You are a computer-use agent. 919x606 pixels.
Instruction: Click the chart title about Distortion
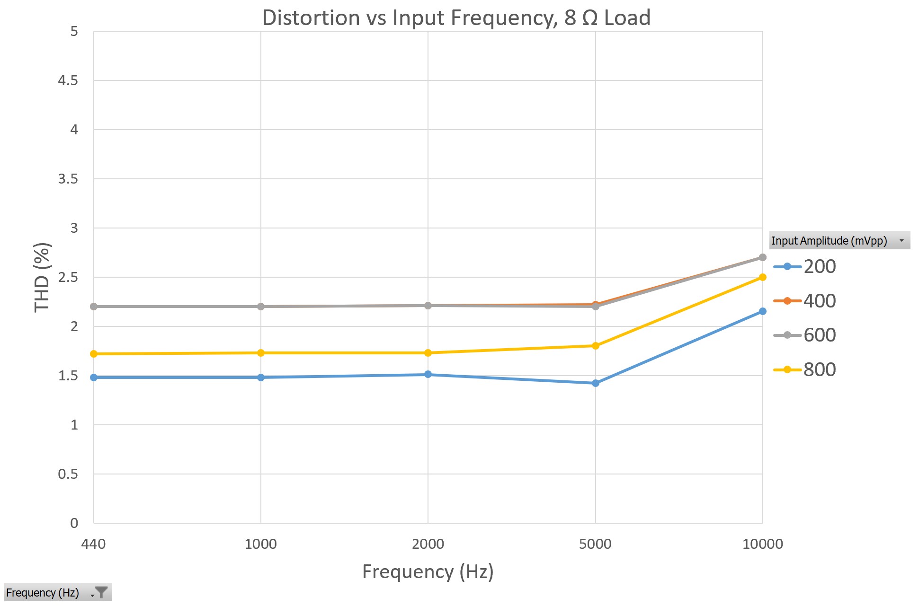click(456, 18)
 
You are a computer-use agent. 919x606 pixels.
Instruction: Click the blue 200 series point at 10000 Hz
click(762, 311)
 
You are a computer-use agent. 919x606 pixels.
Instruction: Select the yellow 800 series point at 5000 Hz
click(595, 346)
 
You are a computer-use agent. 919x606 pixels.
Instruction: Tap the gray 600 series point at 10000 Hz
click(762, 257)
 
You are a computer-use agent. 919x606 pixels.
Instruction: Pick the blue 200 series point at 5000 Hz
click(595, 383)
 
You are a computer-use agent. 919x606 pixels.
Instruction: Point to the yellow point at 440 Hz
click(94, 354)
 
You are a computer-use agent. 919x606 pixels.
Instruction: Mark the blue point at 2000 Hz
click(428, 374)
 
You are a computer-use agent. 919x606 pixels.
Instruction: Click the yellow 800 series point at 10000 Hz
click(762, 277)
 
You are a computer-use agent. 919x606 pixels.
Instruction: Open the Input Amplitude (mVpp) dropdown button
click(901, 240)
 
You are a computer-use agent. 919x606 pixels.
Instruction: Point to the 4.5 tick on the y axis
click(68, 80)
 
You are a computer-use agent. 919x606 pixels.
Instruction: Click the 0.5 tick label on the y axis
click(68, 474)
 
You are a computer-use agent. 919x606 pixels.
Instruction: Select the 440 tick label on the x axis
click(93, 544)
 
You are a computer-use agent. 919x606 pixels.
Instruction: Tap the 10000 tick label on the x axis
click(762, 544)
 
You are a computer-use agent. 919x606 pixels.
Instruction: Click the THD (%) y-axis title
click(42, 277)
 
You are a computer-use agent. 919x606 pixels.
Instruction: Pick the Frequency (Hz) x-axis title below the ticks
click(428, 571)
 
